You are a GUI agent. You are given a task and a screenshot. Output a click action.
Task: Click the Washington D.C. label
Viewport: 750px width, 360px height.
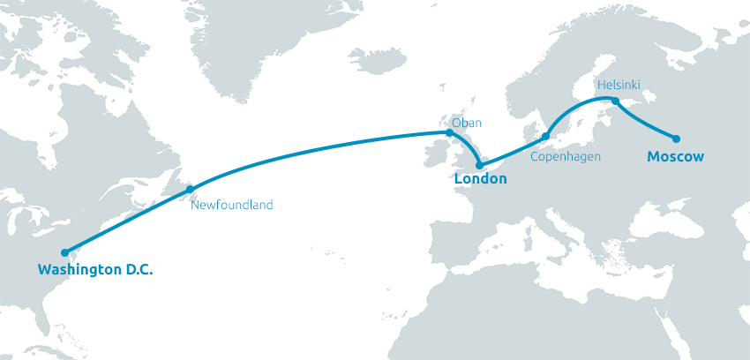(x=95, y=269)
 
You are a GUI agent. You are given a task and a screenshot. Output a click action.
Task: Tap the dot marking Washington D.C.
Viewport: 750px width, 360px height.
(x=64, y=252)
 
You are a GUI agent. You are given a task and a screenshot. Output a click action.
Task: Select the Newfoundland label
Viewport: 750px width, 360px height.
(x=232, y=205)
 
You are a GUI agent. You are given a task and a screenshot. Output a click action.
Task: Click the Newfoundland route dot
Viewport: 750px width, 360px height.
(x=190, y=189)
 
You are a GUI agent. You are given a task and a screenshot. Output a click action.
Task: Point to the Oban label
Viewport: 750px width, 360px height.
(x=467, y=123)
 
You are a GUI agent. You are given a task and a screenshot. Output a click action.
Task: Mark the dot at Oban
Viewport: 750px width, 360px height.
(x=450, y=133)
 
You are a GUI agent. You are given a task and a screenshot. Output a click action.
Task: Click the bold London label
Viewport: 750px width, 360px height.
(x=480, y=179)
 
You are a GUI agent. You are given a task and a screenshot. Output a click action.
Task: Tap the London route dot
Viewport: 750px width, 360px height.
(x=479, y=165)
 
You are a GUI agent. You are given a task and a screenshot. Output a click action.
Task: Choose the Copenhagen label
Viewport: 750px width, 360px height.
(x=566, y=156)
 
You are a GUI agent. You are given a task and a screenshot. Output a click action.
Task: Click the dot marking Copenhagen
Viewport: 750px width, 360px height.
(x=545, y=136)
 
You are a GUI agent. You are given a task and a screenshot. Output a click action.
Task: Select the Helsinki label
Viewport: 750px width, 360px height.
(x=618, y=85)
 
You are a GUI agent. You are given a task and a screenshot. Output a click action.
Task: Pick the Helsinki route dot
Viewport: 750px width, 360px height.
(x=616, y=101)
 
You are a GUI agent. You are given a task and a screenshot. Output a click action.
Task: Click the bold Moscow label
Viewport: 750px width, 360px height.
(x=675, y=156)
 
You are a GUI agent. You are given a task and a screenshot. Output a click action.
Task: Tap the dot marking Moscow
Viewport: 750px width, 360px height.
(x=676, y=139)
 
